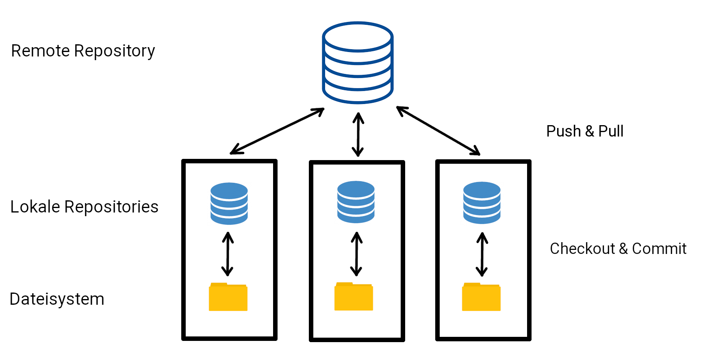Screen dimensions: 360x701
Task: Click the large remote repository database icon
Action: pyautogui.click(x=358, y=63)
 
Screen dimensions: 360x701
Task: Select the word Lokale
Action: pyautogui.click(x=35, y=207)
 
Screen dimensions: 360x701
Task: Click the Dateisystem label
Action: pyautogui.click(x=57, y=299)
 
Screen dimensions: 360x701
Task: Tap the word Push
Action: pyautogui.click(x=563, y=131)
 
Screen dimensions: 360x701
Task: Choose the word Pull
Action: pyautogui.click(x=610, y=131)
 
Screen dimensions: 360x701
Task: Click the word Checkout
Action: pyautogui.click(x=582, y=249)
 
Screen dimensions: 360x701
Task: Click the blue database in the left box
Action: pyautogui.click(x=229, y=203)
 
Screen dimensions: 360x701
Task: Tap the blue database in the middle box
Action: pyautogui.click(x=356, y=202)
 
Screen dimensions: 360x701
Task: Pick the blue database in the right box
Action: pyautogui.click(x=482, y=202)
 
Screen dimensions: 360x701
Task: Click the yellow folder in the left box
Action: pyautogui.click(x=228, y=297)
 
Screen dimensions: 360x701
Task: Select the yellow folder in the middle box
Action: pyautogui.click(x=354, y=297)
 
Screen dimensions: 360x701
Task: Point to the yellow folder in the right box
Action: pyautogui.click(x=481, y=297)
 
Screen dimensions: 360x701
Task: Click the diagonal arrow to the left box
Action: pyautogui.click(x=277, y=131)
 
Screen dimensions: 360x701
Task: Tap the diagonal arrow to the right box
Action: pyautogui.click(x=438, y=131)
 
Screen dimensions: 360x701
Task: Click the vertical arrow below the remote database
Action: pyautogui.click(x=358, y=134)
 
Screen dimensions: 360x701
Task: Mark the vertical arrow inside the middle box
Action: pyautogui.click(x=356, y=254)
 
